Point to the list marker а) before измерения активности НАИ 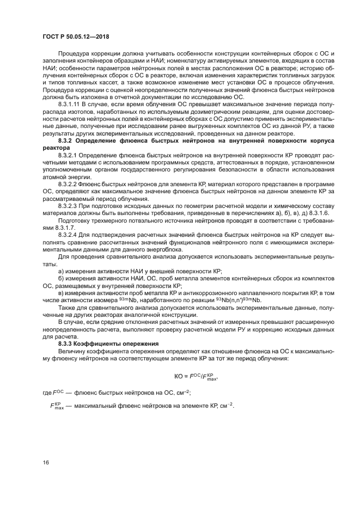(x=61, y=271)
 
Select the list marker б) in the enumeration (x=61, y=278)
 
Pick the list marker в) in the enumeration (x=61, y=293)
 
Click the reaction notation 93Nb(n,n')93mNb (x=236, y=300)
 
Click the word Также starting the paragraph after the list (x=68, y=308)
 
